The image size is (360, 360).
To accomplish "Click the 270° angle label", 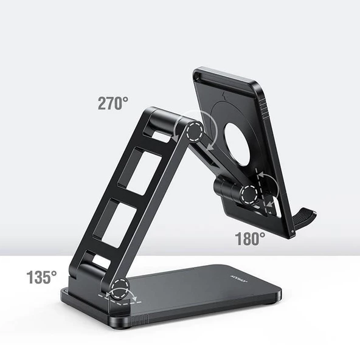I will [x=112, y=103].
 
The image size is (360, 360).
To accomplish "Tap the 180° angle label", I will [x=251, y=239].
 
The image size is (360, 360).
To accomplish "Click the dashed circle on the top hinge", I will [x=195, y=131].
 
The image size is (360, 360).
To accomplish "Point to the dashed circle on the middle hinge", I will [x=249, y=195].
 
